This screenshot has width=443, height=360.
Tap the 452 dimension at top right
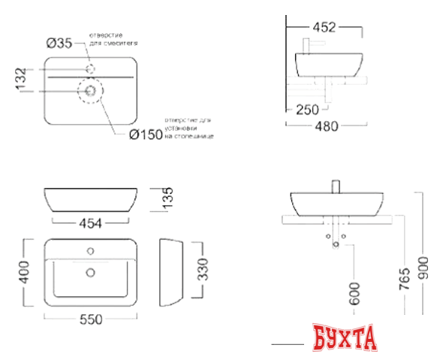pos(324,28)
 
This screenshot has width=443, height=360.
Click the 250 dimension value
pos(307,110)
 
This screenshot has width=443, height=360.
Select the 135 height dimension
pos(169,198)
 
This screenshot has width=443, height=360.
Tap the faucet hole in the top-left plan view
pos(91,69)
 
